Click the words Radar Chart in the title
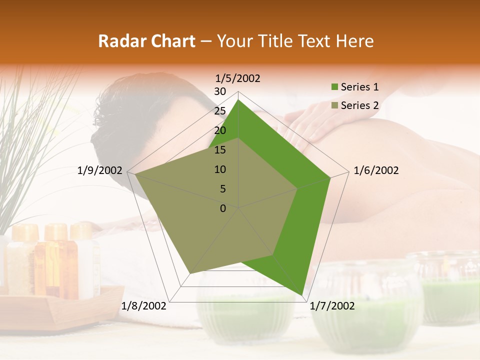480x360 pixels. click(x=146, y=41)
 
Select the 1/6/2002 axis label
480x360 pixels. click(x=376, y=170)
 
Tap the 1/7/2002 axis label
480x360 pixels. click(x=332, y=306)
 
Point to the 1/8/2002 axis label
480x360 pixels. click(x=144, y=306)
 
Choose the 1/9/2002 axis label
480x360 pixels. click(x=100, y=170)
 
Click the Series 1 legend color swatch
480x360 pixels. click(x=334, y=87)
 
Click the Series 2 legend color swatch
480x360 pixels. click(x=334, y=105)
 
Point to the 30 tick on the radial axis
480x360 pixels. click(x=220, y=91)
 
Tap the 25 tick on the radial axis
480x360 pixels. click(x=220, y=111)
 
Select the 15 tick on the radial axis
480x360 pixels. click(x=220, y=150)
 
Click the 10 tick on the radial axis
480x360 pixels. click(x=220, y=169)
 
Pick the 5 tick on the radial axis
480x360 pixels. click(x=222, y=189)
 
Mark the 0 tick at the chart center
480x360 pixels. click(x=223, y=208)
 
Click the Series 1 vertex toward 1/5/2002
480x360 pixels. click(x=238, y=99)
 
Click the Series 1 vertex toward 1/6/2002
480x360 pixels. click(x=330, y=177)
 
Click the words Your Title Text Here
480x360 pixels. click(x=295, y=41)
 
